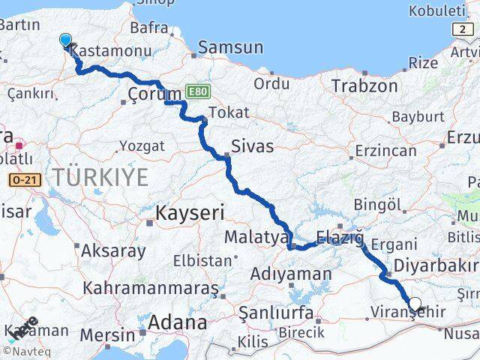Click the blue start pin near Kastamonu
[65, 40]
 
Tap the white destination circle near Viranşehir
[415, 305]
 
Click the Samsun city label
[230, 47]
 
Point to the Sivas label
[252, 145]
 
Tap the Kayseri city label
[190, 213]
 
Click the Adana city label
[178, 323]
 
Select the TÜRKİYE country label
[100, 177]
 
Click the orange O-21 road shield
[25, 180]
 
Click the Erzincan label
[385, 150]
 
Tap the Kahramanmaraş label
[150, 288]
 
